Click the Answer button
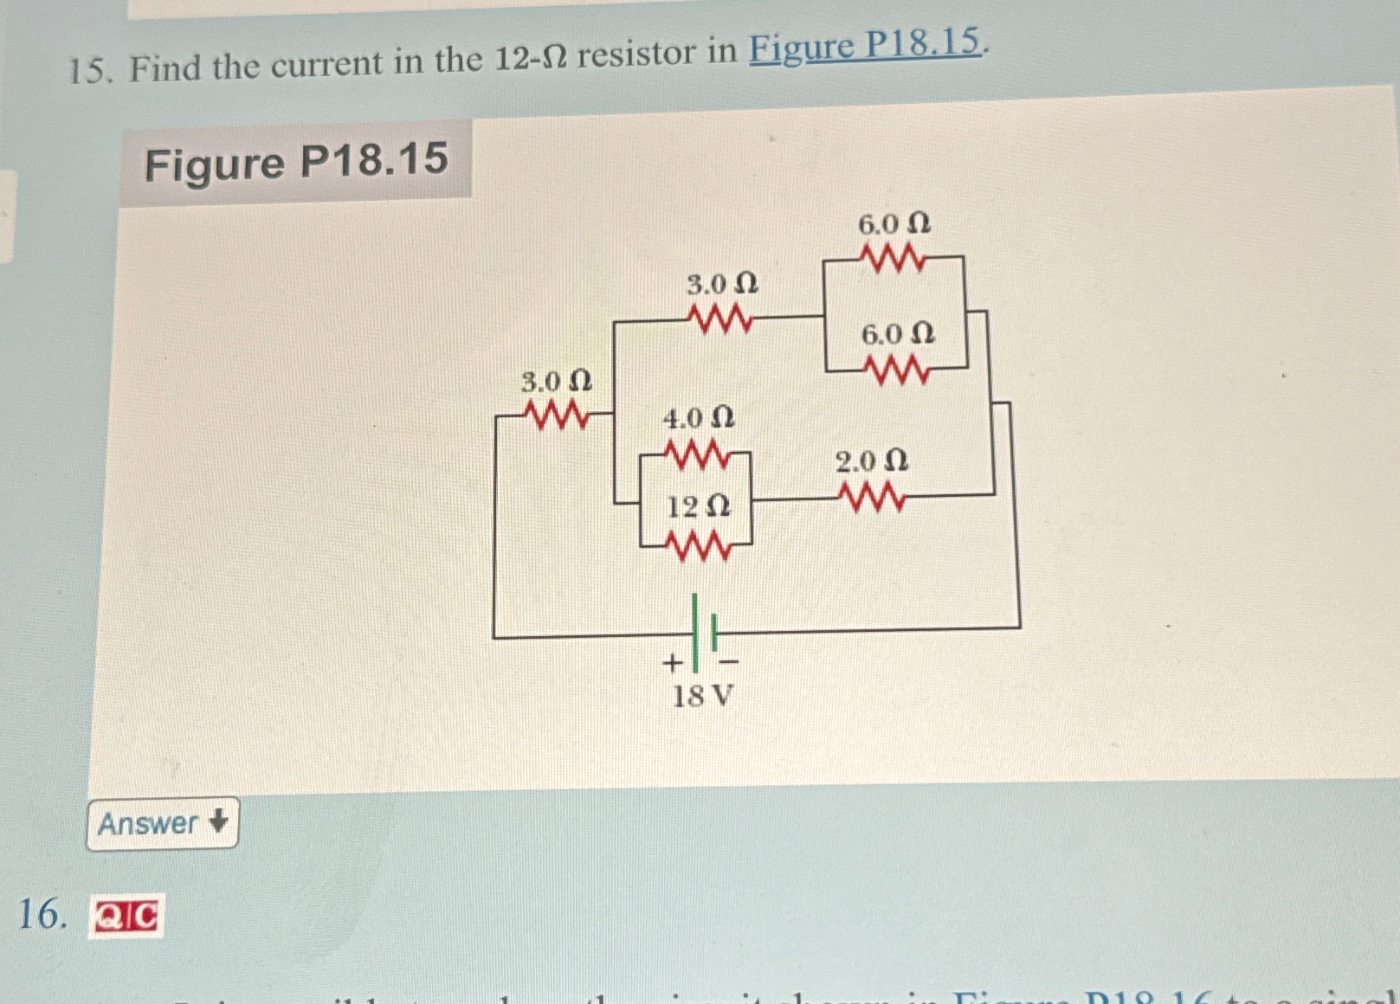click(162, 823)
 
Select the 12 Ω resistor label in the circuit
click(698, 506)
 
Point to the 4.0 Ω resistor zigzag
click(697, 454)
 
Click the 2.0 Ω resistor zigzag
click(873, 498)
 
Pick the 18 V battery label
click(702, 696)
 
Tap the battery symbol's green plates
click(704, 631)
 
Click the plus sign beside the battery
click(672, 664)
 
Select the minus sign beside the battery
click(729, 662)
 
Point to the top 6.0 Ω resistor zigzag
click(893, 257)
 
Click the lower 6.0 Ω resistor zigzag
click(898, 371)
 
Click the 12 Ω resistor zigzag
click(698, 546)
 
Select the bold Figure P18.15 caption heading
click(296, 162)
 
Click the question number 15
click(89, 70)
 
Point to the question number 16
click(42, 914)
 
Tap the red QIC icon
click(126, 917)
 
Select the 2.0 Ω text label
click(871, 461)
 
